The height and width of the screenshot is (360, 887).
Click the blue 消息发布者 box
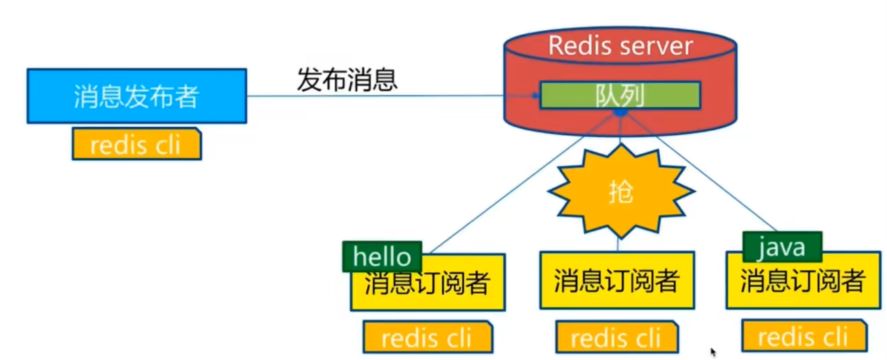pyautogui.click(x=136, y=96)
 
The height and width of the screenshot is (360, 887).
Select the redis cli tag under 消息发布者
pyautogui.click(x=136, y=145)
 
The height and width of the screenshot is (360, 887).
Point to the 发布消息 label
pyautogui.click(x=347, y=80)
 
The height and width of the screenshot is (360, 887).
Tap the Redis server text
pyautogui.click(x=620, y=46)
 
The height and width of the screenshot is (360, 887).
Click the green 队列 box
pyautogui.click(x=620, y=95)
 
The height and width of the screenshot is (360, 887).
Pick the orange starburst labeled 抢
pyautogui.click(x=620, y=191)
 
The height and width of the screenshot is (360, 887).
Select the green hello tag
pyautogui.click(x=382, y=256)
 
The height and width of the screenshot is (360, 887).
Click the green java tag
pyautogui.click(x=782, y=246)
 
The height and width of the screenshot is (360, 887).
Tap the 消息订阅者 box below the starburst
pyautogui.click(x=617, y=281)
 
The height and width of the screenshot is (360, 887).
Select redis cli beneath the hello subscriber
pyautogui.click(x=427, y=338)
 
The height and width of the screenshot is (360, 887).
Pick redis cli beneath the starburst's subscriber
pyautogui.click(x=617, y=338)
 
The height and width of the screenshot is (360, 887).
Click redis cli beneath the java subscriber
pyautogui.click(x=803, y=338)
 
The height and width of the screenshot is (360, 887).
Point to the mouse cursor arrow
pyautogui.click(x=713, y=352)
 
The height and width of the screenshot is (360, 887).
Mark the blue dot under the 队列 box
pyautogui.click(x=620, y=111)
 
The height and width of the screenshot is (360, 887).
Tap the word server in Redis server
pyautogui.click(x=659, y=46)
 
